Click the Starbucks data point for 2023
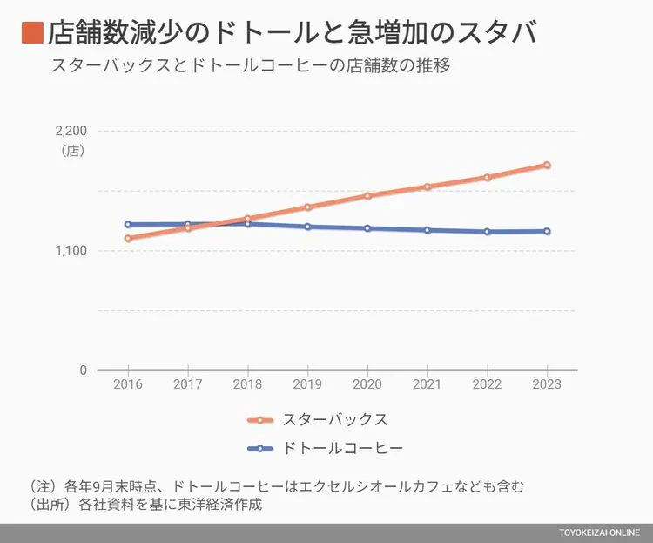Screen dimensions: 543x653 pyautogui.click(x=547, y=165)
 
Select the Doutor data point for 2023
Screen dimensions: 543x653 pyautogui.click(x=547, y=231)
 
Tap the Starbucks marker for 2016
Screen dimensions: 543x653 pyautogui.click(x=128, y=238)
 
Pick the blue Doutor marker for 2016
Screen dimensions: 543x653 pyautogui.click(x=128, y=224)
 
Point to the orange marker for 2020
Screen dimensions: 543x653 pyautogui.click(x=367, y=195)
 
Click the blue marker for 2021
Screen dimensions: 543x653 pyautogui.click(x=427, y=230)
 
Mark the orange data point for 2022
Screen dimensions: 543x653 pyautogui.click(x=488, y=177)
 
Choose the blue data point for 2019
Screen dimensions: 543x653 pyautogui.click(x=307, y=227)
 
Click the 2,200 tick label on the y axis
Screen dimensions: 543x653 pyautogui.click(x=71, y=131)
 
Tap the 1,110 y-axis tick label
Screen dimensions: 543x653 pyautogui.click(x=71, y=251)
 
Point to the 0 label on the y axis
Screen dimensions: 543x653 pyautogui.click(x=83, y=370)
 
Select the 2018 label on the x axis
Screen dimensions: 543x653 pyautogui.click(x=247, y=384)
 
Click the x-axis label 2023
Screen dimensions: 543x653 pyautogui.click(x=547, y=384)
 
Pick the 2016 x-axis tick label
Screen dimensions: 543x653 pyautogui.click(x=128, y=384)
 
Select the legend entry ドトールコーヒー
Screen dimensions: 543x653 pyautogui.click(x=343, y=449)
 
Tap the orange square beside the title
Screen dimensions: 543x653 pyautogui.click(x=32, y=33)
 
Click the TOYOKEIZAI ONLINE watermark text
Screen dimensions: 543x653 pyautogui.click(x=599, y=533)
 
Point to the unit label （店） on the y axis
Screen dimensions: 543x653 pyautogui.click(x=72, y=151)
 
